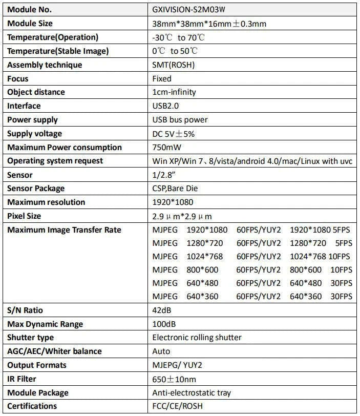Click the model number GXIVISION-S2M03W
pos(188,10)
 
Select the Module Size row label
pos(30,24)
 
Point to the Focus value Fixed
pos(162,79)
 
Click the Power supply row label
pos(32,120)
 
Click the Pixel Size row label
pos(24,216)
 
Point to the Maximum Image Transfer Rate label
pos(64,230)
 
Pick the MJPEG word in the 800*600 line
pos(165,270)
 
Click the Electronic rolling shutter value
pos(197,338)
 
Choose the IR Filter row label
pos(22,379)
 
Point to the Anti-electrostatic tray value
pos(192,393)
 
